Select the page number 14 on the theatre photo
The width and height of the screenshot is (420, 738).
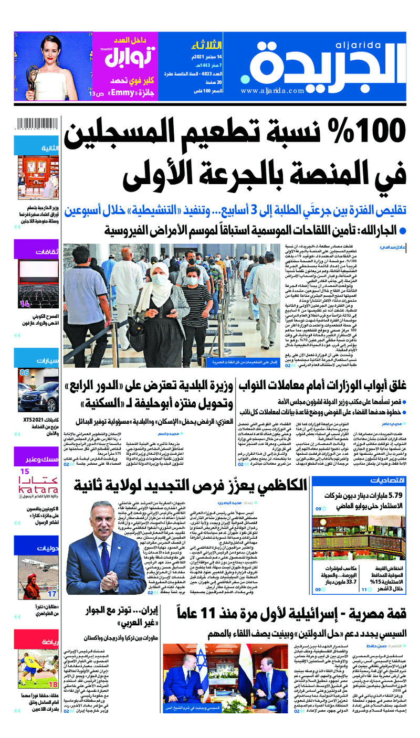[25, 304]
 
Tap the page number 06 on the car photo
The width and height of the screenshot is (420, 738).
[24, 372]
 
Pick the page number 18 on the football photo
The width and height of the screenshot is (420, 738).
[52, 684]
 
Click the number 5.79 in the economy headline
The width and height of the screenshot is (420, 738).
[394, 495]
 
